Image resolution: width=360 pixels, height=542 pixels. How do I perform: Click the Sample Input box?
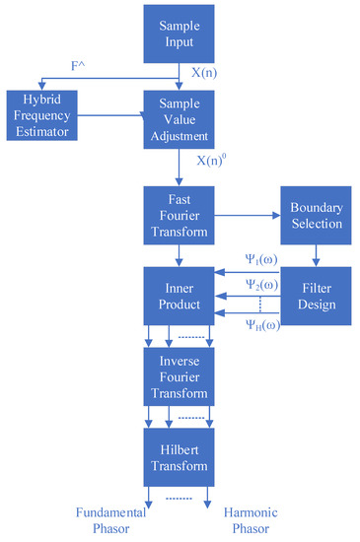coord(180,34)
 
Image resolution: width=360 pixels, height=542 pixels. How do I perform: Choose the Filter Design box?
coord(316,297)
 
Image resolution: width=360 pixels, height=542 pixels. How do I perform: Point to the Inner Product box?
coord(180,297)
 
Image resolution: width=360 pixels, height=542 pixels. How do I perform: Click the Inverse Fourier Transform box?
coord(180,378)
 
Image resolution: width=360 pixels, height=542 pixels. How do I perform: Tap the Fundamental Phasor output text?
coord(109,519)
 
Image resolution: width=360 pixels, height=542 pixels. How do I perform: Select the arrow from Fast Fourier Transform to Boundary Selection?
coord(248,211)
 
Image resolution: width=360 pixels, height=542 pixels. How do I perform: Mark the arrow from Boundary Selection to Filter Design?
coord(316,255)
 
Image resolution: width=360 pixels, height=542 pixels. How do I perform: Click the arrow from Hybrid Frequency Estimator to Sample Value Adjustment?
coord(109,117)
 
